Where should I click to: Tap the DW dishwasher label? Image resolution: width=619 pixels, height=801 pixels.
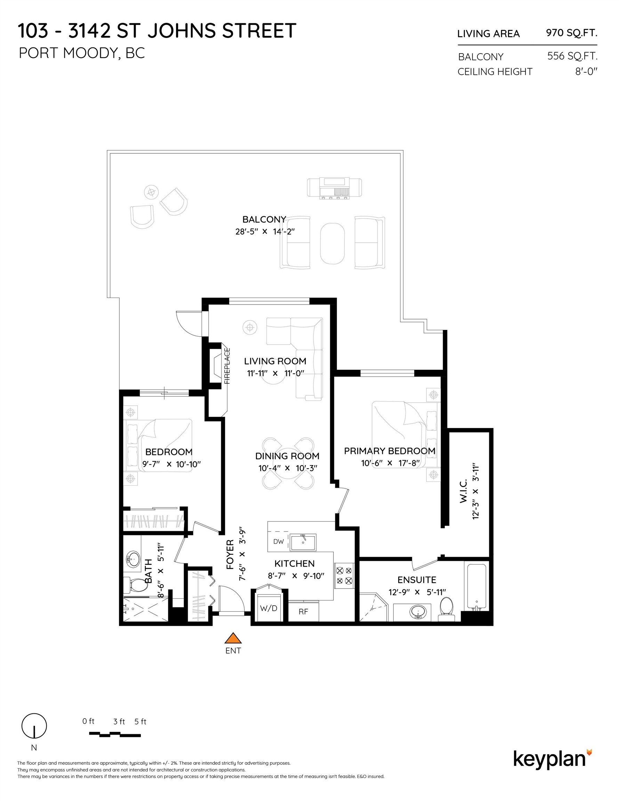279,541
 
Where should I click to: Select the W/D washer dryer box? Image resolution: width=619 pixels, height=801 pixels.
268,608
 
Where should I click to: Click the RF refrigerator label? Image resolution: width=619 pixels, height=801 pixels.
304,612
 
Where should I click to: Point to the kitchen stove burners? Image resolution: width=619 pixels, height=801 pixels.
344,575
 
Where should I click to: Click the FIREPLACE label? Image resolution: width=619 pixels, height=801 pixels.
227,366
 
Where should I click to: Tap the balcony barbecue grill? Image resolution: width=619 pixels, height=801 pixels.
334,188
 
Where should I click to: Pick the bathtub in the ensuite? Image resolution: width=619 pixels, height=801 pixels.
476,587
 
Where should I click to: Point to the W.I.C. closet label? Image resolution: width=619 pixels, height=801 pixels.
464,491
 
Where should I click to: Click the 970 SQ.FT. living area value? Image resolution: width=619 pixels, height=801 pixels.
571,33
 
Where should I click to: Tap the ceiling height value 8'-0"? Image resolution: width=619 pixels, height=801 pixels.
586,72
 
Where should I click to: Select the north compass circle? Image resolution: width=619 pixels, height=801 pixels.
34,726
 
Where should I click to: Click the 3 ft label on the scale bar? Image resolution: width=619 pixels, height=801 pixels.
119,722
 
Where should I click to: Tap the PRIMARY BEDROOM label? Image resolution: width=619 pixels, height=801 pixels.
389,451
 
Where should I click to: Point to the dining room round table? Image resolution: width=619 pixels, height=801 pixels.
288,463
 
